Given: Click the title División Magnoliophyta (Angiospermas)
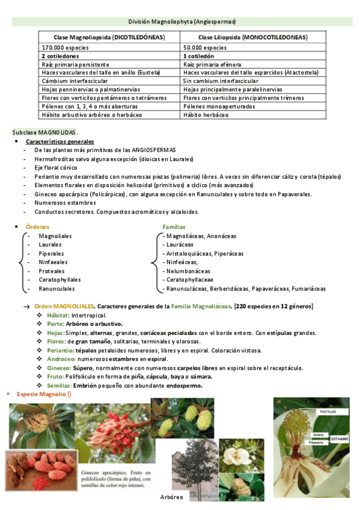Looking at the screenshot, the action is (x=182, y=20).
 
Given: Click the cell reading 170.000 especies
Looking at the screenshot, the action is (x=61, y=47).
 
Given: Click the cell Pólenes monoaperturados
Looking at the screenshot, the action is (x=219, y=106).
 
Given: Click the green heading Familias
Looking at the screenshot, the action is (x=174, y=227).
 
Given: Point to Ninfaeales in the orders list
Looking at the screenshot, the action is (x=53, y=262).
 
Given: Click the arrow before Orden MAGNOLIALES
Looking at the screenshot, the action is (x=26, y=307).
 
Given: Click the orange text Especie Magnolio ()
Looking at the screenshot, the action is (x=44, y=395).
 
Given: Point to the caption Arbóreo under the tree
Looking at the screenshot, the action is (x=172, y=497).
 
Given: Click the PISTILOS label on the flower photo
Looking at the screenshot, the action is (x=328, y=411).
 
